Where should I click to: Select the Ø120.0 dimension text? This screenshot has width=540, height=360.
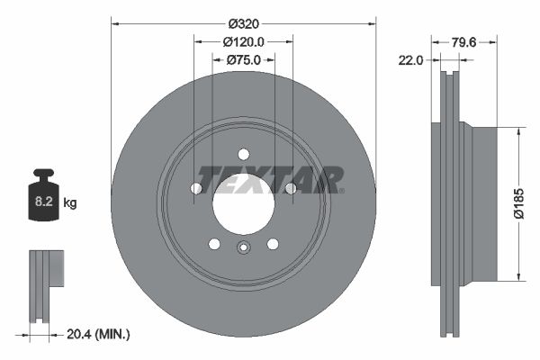coord(243,40)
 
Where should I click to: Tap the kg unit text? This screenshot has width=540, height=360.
coord(69,203)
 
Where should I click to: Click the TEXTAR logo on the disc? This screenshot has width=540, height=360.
coord(270,179)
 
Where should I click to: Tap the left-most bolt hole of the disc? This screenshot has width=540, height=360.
coord(196,188)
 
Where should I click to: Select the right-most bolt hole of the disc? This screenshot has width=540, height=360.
coord(290,188)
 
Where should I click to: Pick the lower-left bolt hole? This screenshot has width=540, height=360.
coord(213,243)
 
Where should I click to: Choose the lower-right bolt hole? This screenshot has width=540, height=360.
coord(273,243)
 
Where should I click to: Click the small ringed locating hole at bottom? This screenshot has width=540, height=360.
coord(243,250)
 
